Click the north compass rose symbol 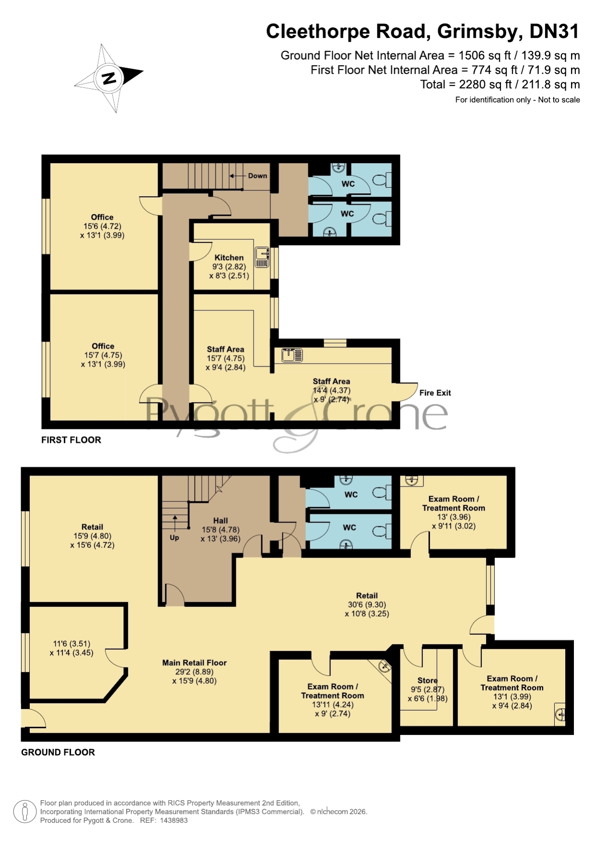(x=109, y=78)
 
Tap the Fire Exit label (x=435, y=393)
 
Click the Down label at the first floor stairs (x=257, y=176)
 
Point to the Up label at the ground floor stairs (x=175, y=538)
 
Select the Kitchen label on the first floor (x=229, y=258)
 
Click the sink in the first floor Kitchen (x=262, y=257)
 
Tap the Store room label (x=427, y=680)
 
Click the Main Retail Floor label (x=194, y=663)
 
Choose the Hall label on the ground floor (x=221, y=521)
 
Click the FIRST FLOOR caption (x=71, y=440)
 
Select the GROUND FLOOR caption (x=58, y=752)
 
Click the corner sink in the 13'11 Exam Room (x=383, y=666)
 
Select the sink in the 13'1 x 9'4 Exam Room (x=560, y=715)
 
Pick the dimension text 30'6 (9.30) (x=367, y=605)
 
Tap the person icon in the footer (x=25, y=812)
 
